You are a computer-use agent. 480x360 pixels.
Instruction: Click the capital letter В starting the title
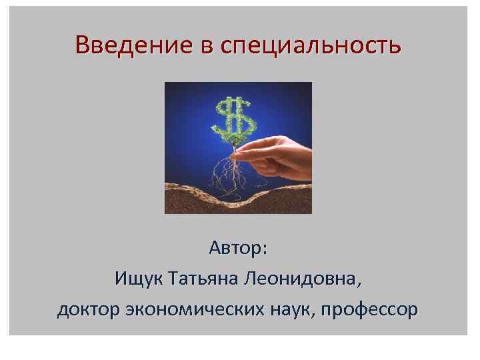[x=83, y=45]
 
